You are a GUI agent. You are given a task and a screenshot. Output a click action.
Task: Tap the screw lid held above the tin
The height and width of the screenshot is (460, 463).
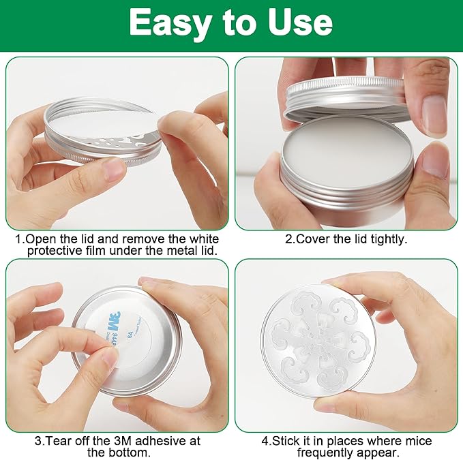346,97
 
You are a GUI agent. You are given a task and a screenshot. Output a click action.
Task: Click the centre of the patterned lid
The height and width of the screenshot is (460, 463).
318,341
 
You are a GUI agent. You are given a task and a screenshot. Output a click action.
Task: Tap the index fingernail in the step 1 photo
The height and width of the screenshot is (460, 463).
115,170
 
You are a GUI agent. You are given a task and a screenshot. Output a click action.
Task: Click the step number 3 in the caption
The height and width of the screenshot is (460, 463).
38,441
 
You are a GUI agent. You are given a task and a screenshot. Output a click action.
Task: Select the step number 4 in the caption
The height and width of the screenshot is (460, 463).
265,441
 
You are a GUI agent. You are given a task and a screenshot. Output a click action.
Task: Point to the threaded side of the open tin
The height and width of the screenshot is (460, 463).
346,191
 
